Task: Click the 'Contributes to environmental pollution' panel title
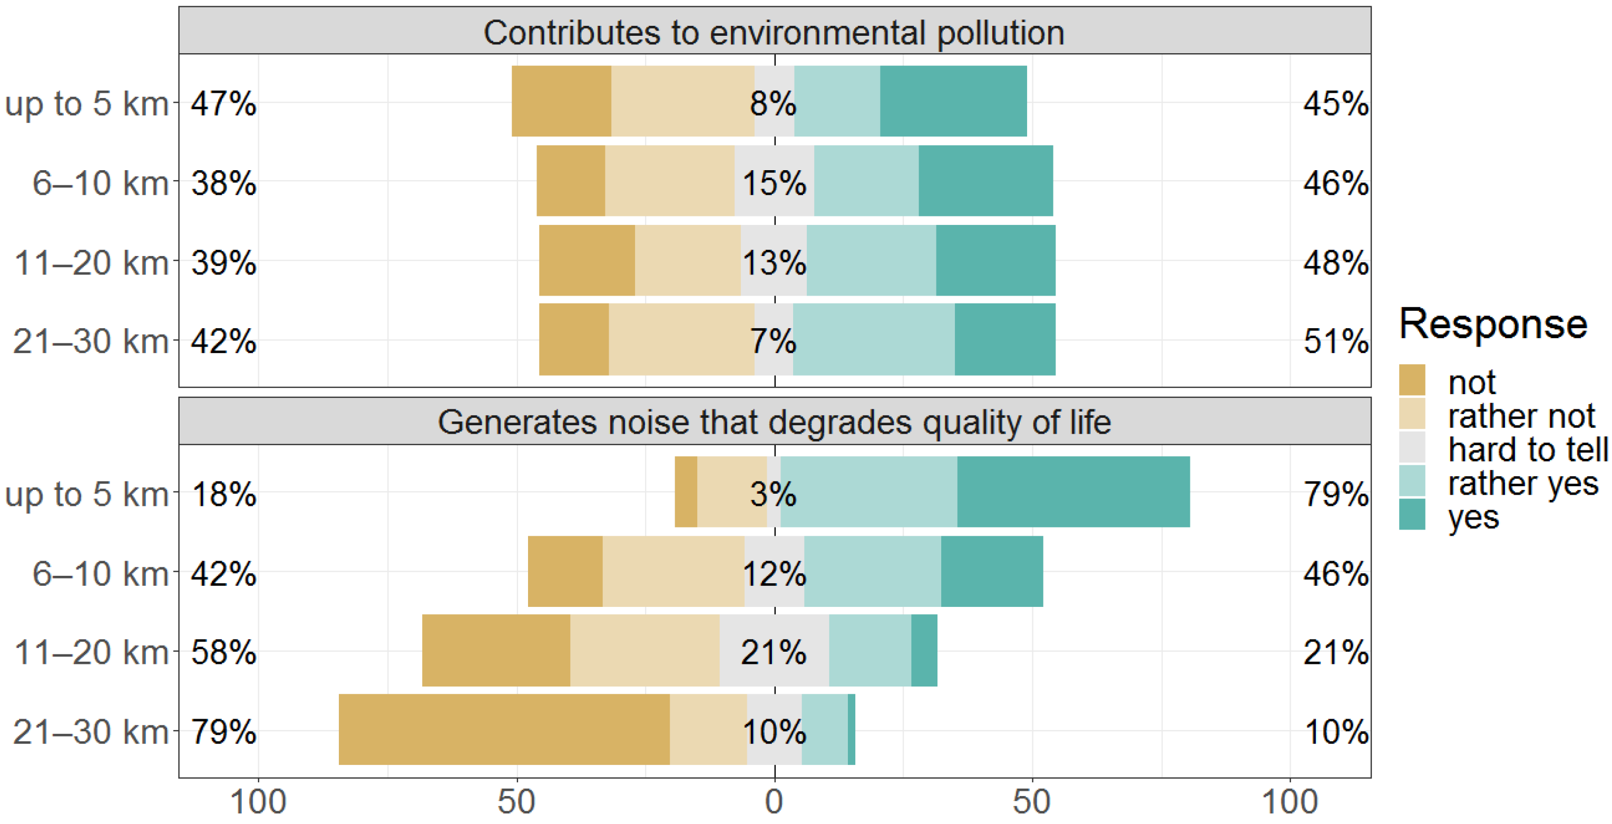pyautogui.click(x=774, y=33)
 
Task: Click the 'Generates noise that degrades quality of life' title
pyautogui.click(x=774, y=423)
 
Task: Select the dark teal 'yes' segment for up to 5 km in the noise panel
pyautogui.click(x=1073, y=492)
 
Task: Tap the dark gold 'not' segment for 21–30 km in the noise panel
pyautogui.click(x=504, y=730)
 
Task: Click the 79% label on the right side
pyautogui.click(x=1335, y=494)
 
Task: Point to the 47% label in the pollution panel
pyautogui.click(x=223, y=103)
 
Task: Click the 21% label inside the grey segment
pyautogui.click(x=774, y=653)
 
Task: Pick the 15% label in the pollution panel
pyautogui.click(x=774, y=183)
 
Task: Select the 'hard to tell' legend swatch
pyautogui.click(x=1412, y=448)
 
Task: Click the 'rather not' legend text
pyautogui.click(x=1521, y=416)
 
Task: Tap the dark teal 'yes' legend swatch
pyautogui.click(x=1412, y=514)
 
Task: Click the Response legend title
pyautogui.click(x=1492, y=324)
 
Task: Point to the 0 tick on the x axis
pyautogui.click(x=774, y=802)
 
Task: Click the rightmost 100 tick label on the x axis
pyautogui.click(x=1289, y=802)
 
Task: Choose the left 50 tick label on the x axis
pyautogui.click(x=516, y=802)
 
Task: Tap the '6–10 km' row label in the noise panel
pyautogui.click(x=100, y=574)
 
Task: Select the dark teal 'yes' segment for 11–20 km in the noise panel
pyautogui.click(x=924, y=651)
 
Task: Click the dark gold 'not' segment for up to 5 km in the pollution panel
pyautogui.click(x=561, y=101)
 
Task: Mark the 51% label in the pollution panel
pyautogui.click(x=1335, y=341)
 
